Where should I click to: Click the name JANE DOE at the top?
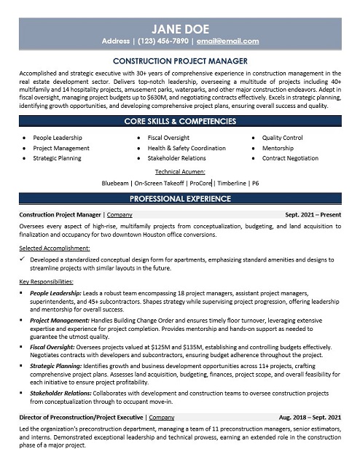179,28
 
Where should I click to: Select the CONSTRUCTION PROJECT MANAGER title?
179,61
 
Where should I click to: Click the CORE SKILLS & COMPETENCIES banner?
179,120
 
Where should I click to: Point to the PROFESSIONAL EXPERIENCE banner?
179,198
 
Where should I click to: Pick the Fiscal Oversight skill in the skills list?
168,137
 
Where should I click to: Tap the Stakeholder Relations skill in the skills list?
176,157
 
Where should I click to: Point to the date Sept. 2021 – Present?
313,215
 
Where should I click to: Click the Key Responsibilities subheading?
46,281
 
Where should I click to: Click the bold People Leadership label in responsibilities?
56,292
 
